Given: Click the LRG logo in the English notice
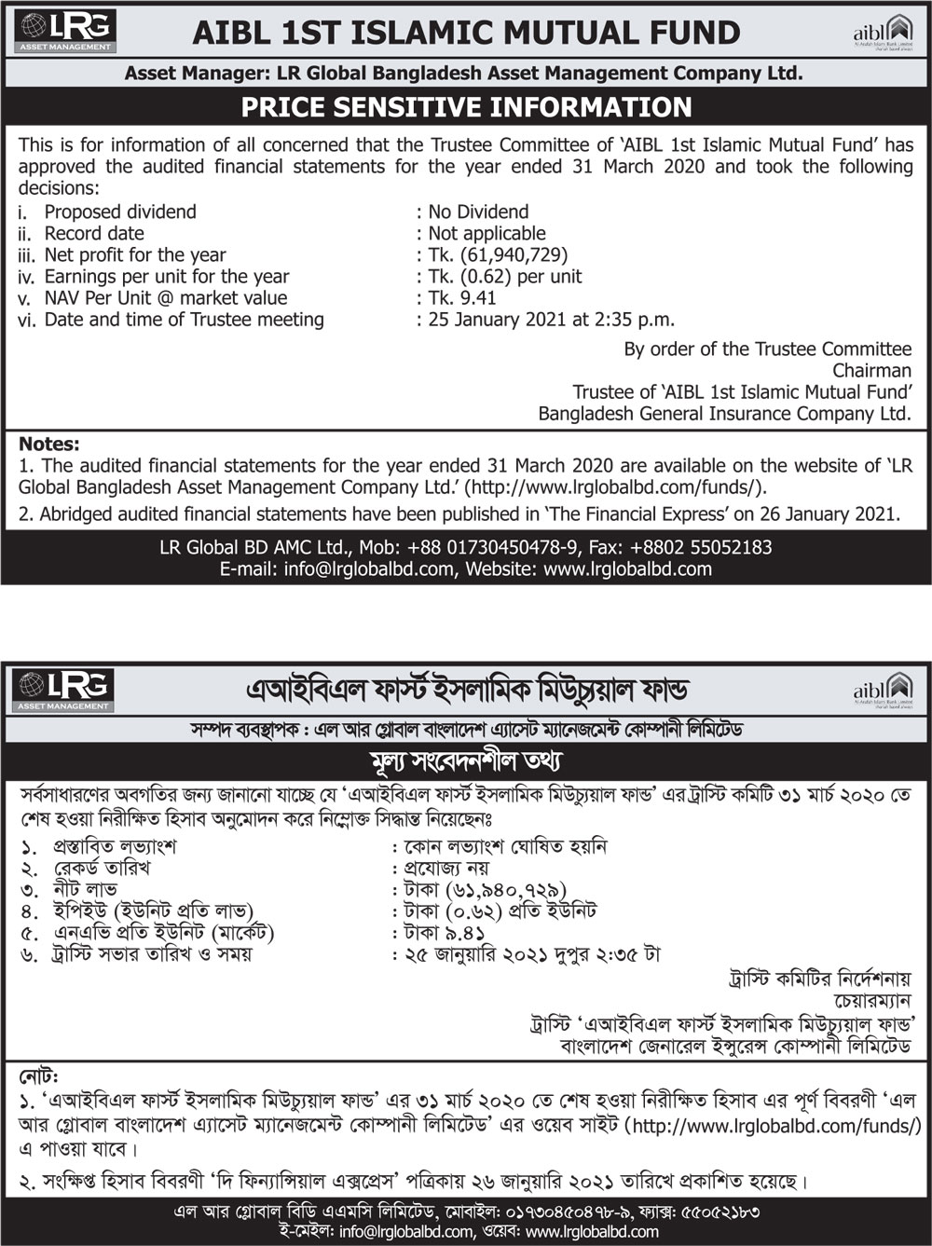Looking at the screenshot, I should point(64,31).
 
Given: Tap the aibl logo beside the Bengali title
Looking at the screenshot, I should point(883,688).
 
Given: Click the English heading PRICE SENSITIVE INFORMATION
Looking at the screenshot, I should point(466,107).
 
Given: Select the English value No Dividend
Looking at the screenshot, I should point(478,212).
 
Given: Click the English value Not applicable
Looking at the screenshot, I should point(487,233).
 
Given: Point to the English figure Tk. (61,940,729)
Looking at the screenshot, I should point(498,254).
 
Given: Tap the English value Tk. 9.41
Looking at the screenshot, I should point(462,298).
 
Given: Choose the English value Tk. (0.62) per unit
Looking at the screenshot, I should point(504,277).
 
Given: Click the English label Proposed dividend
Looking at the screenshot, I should point(120,212).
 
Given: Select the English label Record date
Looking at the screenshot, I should point(94,233).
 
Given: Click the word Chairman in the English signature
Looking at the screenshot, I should point(871,371).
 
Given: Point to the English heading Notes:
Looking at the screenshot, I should point(49,444).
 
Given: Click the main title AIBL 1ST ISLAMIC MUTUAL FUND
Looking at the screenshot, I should point(466,33).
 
